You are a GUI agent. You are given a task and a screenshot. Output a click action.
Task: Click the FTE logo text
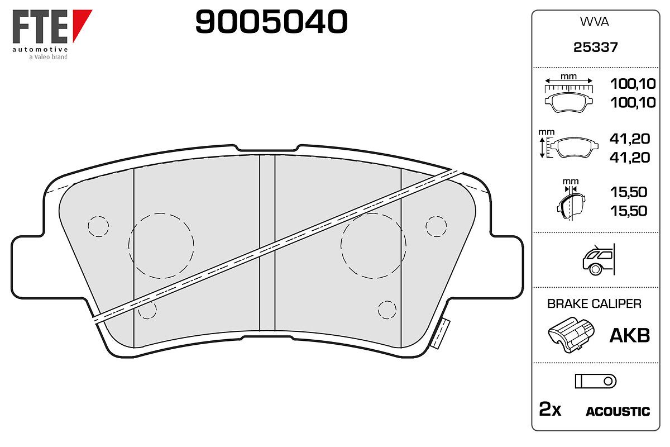[40, 26]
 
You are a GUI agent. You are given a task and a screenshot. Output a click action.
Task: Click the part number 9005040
[271, 22]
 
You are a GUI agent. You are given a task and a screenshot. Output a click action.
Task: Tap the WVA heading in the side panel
[594, 22]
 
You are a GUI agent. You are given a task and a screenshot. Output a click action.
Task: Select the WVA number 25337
[596, 47]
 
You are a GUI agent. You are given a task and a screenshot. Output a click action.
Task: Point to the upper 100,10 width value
[633, 84]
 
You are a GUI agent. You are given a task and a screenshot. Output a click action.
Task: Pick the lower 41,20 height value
[630, 158]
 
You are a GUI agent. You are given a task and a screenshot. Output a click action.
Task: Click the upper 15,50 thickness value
[629, 192]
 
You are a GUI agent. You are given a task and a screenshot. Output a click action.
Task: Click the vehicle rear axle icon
[599, 259]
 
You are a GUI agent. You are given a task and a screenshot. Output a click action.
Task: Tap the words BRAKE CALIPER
[594, 303]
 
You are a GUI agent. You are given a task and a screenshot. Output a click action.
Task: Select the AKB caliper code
[630, 335]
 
